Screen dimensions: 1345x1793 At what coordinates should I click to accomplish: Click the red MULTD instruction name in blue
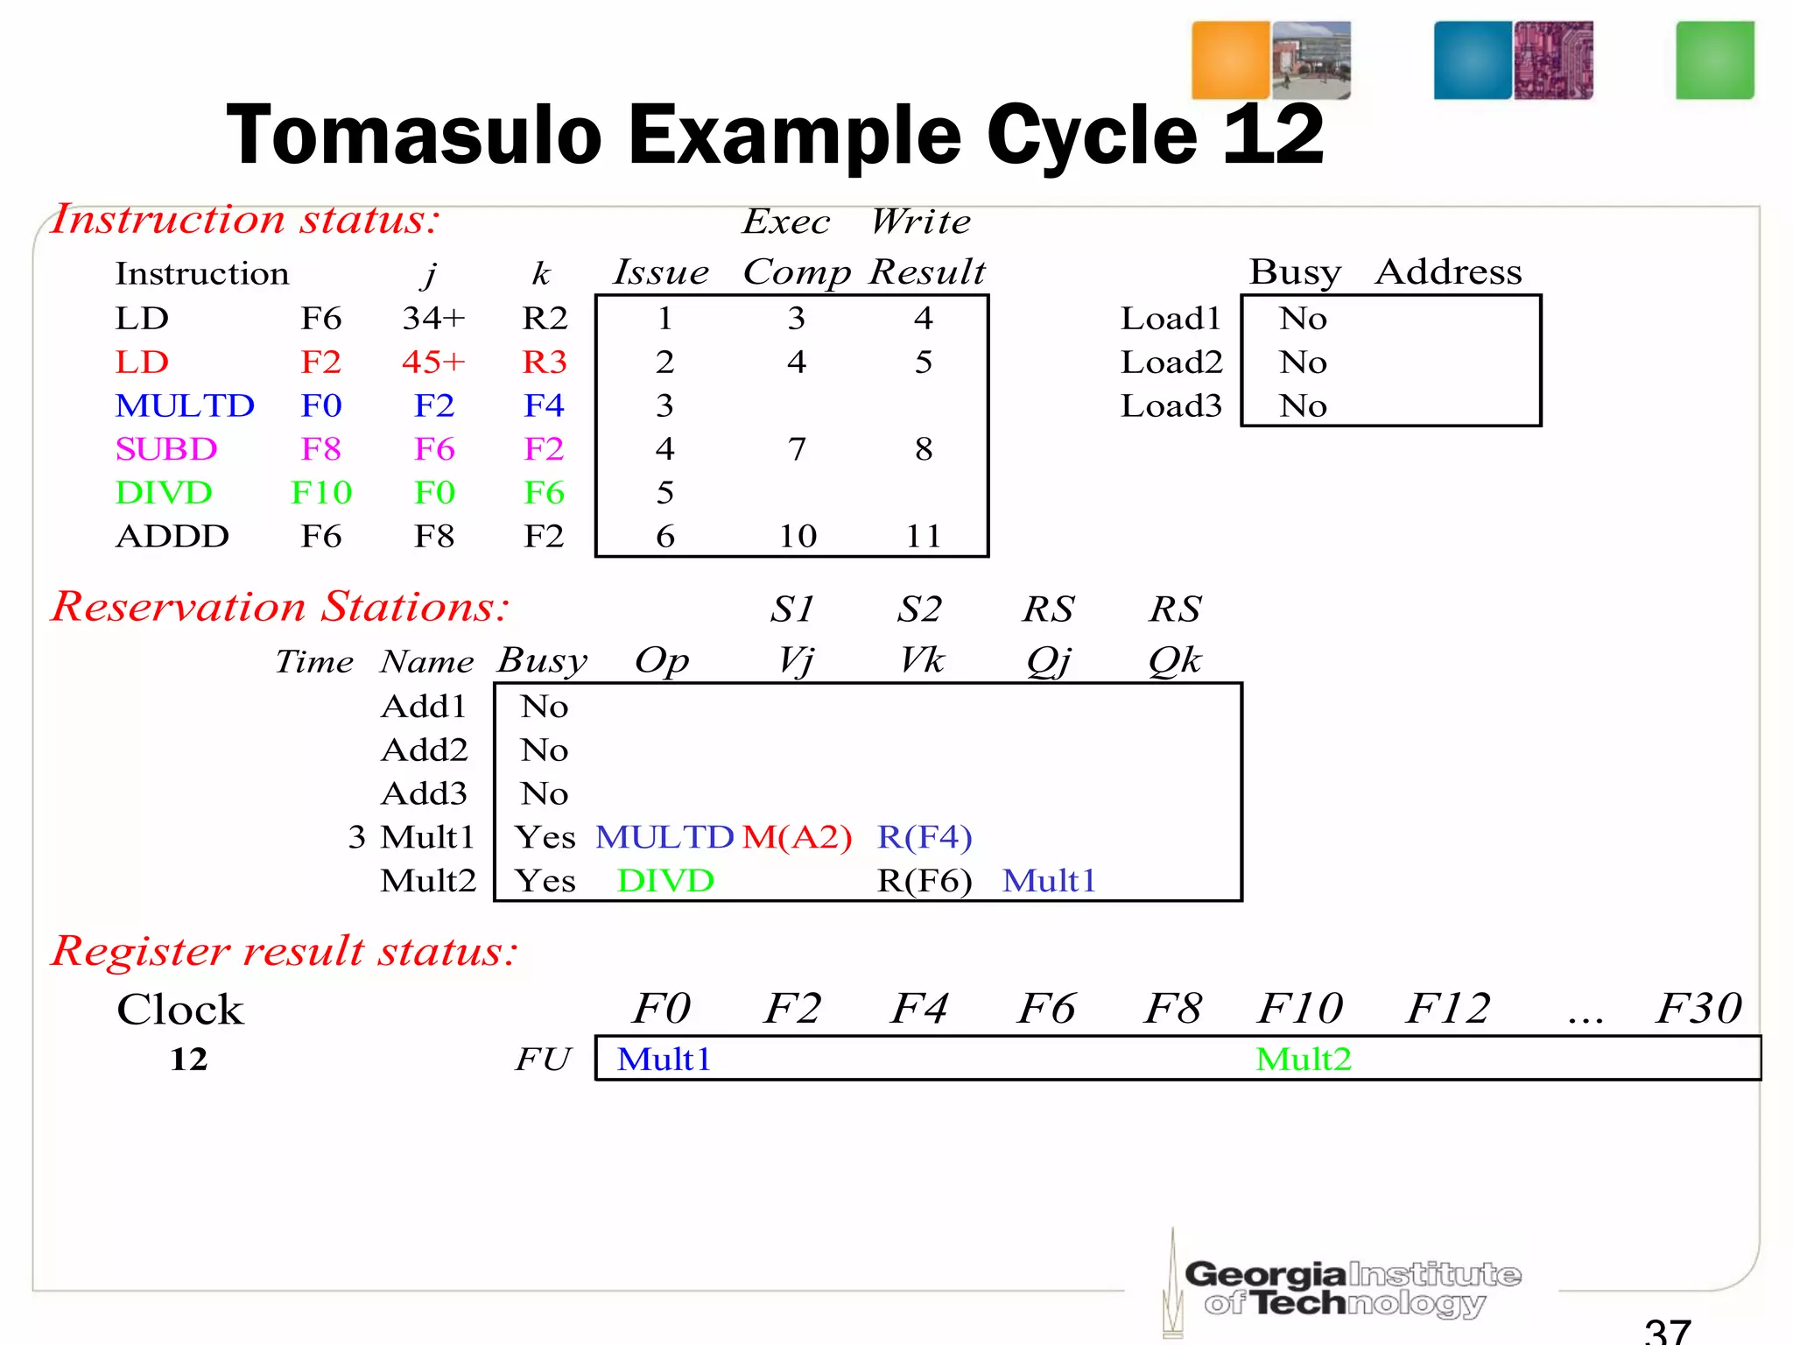pyautogui.click(x=185, y=405)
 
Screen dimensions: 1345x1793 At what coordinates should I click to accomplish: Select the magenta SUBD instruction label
pyautogui.click(x=165, y=449)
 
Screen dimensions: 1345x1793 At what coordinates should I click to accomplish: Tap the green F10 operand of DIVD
pyautogui.click(x=321, y=493)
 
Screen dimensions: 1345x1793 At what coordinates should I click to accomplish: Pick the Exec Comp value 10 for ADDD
pyautogui.click(x=798, y=536)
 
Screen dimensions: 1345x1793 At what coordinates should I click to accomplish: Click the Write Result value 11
pyautogui.click(x=924, y=536)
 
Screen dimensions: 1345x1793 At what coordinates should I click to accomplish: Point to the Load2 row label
pyautogui.click(x=1171, y=362)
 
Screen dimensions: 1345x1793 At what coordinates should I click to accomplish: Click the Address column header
pyautogui.click(x=1448, y=272)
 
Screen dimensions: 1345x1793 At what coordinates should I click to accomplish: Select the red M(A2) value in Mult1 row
pyautogui.click(x=797, y=837)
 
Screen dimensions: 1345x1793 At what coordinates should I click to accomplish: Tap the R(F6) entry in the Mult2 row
pyautogui.click(x=925, y=881)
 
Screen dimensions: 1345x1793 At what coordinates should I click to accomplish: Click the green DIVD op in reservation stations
pyautogui.click(x=665, y=881)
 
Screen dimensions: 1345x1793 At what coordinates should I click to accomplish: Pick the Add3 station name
pyautogui.click(x=425, y=793)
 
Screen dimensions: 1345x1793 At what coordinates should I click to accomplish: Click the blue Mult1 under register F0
pyautogui.click(x=664, y=1060)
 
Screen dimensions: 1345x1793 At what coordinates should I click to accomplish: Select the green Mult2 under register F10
pyautogui.click(x=1303, y=1060)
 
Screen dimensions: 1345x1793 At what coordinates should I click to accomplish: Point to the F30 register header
pyautogui.click(x=1698, y=1008)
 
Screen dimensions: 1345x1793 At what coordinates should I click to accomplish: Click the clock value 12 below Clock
pyautogui.click(x=188, y=1060)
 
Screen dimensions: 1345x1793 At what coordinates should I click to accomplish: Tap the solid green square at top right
pyautogui.click(x=1714, y=60)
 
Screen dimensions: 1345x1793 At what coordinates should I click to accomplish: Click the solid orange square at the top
pyautogui.click(x=1230, y=60)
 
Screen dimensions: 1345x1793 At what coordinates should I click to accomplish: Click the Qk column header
pyautogui.click(x=1175, y=660)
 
